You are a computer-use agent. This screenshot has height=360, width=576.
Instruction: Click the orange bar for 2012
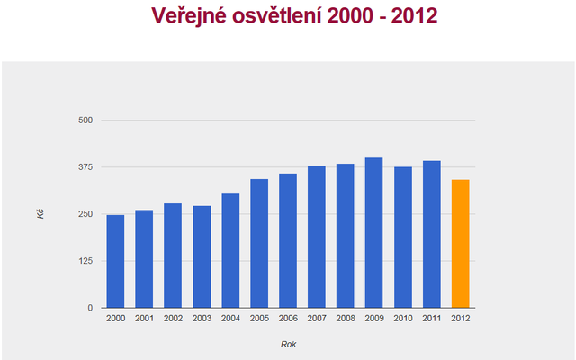coord(460,244)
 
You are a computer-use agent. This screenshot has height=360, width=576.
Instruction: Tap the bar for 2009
coord(373,233)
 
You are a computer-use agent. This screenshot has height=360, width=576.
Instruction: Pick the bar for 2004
coord(230,251)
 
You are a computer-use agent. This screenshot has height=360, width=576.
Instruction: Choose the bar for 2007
coord(317,237)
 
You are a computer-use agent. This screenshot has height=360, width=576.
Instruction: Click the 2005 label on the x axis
coord(259,318)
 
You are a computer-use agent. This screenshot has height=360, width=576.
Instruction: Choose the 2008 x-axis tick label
coord(345,318)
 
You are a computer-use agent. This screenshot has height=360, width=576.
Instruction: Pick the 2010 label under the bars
coord(402,318)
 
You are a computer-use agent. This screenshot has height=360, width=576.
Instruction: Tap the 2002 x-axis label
coord(173,318)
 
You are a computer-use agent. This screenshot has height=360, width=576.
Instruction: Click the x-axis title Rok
coord(288,344)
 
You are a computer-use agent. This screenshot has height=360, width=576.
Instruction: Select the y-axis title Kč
coord(40,214)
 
